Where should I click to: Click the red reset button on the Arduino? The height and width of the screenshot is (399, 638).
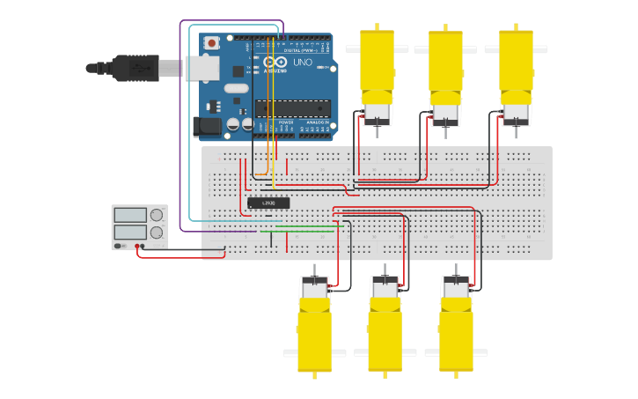click(212, 42)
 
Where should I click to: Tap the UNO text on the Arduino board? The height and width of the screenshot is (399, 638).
click(302, 63)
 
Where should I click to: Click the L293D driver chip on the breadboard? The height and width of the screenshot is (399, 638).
click(268, 203)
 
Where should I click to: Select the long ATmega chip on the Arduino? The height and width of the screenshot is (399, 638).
click(293, 108)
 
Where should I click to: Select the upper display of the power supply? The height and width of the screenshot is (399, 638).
click(130, 215)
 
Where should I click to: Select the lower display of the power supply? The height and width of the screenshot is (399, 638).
click(130, 232)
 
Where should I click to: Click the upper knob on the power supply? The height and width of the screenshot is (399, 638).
click(157, 215)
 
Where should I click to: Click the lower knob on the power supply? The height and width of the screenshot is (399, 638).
click(157, 233)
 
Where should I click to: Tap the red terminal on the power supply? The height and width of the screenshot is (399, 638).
click(138, 247)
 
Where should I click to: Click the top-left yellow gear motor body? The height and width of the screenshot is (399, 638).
click(377, 62)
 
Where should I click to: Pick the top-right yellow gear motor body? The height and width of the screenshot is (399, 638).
click(516, 62)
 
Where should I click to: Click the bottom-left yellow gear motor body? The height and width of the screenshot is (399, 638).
click(314, 335)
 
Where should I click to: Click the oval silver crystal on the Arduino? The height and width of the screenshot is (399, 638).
click(236, 88)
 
